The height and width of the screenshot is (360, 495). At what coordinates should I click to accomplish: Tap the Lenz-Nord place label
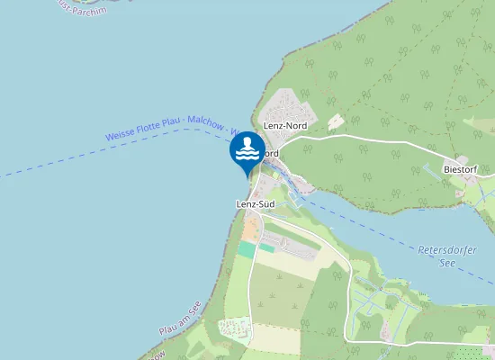point(285,126)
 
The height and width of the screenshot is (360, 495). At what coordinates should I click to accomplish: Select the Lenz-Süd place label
point(255,205)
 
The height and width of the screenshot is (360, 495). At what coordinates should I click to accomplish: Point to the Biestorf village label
point(464,168)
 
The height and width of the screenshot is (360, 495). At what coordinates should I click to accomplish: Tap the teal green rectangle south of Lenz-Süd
point(247,249)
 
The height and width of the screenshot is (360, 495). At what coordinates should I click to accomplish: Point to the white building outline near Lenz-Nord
point(336,121)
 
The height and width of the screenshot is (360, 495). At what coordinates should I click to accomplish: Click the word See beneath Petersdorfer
point(447,263)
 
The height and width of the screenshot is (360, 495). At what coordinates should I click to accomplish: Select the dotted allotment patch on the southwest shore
point(232,329)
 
